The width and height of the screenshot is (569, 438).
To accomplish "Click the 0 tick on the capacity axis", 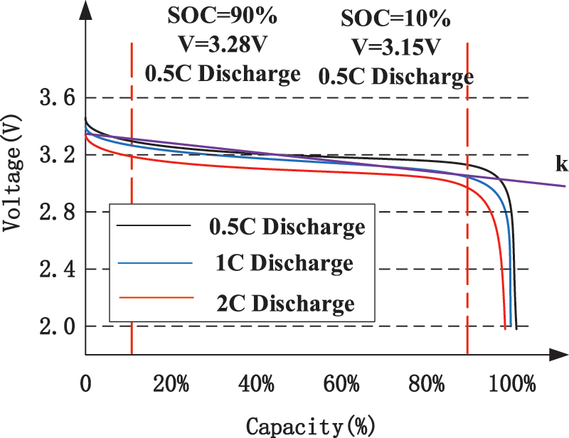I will (85, 385).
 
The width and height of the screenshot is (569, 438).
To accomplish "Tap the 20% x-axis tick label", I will (171, 385).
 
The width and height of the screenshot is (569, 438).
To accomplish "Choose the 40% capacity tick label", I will (257, 385).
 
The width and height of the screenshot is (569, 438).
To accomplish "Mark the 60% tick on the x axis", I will (342, 385).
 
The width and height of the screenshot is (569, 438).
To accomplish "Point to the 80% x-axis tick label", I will (427, 385).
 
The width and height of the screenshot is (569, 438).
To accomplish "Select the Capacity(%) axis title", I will (310, 425).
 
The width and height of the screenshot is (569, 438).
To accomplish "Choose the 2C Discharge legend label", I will (284, 303).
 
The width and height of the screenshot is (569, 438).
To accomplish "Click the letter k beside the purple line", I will (561, 165).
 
